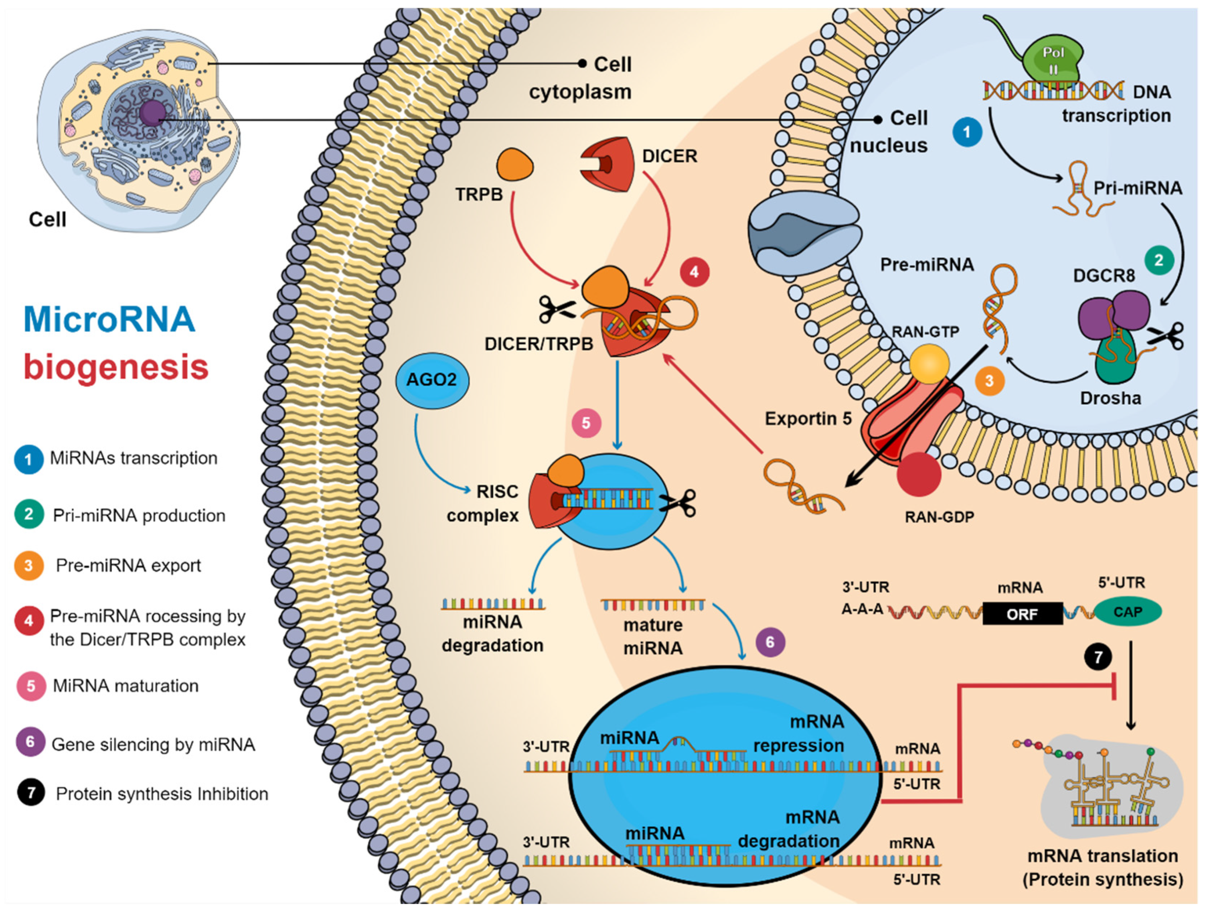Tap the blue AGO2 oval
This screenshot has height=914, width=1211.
[432, 380]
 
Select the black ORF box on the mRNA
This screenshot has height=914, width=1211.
[1022, 614]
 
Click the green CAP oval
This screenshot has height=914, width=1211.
[1128, 612]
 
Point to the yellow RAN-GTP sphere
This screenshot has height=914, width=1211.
[929, 364]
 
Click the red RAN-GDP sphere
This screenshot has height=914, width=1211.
[919, 474]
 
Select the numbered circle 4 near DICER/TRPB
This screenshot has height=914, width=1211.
[694, 272]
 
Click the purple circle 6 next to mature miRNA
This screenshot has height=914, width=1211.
[770, 642]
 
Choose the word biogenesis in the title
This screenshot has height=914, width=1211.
[116, 367]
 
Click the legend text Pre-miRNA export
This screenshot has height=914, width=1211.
[128, 565]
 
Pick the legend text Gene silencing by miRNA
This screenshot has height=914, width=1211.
[153, 744]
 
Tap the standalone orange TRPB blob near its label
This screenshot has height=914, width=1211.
[514, 164]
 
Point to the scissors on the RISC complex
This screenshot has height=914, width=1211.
[677, 503]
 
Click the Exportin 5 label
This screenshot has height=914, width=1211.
[808, 419]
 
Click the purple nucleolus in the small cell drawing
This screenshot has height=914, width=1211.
[152, 114]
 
